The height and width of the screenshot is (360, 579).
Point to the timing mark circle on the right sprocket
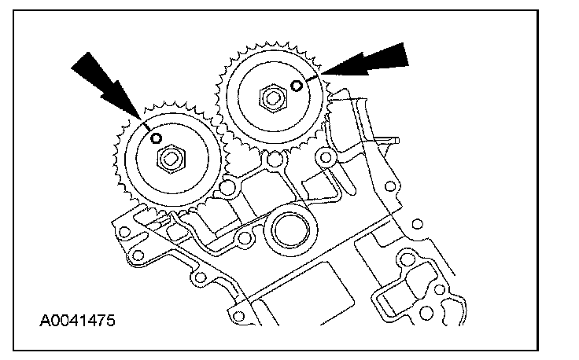pyautogui.click(x=296, y=85)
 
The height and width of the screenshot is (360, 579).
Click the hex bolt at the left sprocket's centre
pyautogui.click(x=170, y=160)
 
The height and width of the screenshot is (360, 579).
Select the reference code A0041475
pyautogui.click(x=78, y=321)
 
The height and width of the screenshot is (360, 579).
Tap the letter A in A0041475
pyautogui.click(x=44, y=321)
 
